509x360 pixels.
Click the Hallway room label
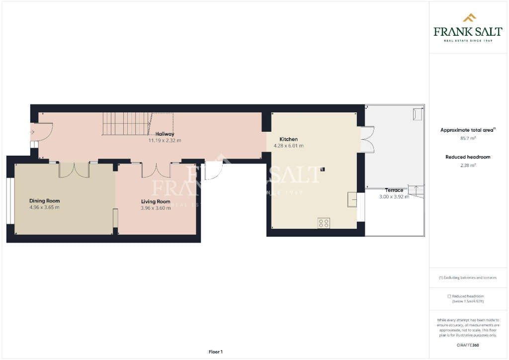tap(165, 134)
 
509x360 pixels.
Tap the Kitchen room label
tap(288, 139)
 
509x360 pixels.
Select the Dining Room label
tap(44, 201)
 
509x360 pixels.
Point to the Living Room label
tap(156, 201)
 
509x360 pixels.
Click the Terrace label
tap(394, 190)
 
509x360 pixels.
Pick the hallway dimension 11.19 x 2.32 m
tap(165, 141)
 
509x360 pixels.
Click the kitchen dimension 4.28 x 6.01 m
tap(288, 146)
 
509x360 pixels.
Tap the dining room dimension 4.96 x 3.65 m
tap(44, 207)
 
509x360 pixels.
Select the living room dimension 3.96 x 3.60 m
tap(156, 208)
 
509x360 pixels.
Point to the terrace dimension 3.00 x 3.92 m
tap(394, 196)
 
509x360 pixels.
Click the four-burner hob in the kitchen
tap(324, 223)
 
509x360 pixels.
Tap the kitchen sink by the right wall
tap(352, 199)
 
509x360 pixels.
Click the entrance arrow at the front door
tap(32, 132)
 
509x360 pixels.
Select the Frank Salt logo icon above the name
tap(469, 18)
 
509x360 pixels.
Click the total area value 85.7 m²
tap(468, 138)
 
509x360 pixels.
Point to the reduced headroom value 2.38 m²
tap(468, 165)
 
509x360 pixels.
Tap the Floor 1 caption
tap(216, 352)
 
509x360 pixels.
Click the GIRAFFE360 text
tap(468, 345)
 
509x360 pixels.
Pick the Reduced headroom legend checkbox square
tap(449, 296)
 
